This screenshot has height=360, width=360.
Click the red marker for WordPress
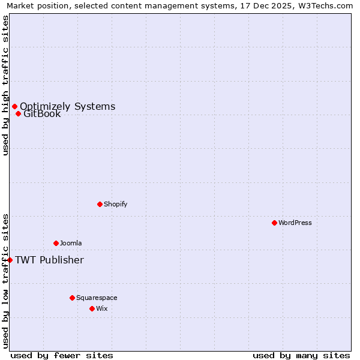coord(274,223)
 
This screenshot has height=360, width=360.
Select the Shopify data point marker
coord(100,204)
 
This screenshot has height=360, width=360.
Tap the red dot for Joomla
coord(56,243)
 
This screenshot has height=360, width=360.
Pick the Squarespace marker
coord(72,298)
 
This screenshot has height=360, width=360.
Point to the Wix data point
coord(92,308)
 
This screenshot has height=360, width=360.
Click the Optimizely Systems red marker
coord(14,107)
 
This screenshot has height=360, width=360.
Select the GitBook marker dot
coord(18,114)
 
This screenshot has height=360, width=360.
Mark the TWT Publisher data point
coord(10,260)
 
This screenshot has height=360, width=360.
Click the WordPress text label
coord(295,223)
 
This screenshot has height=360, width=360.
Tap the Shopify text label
coord(116,204)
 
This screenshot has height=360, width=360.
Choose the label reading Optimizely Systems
coord(67,107)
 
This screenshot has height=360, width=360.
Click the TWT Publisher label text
coord(49,260)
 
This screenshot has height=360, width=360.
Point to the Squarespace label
coord(97,298)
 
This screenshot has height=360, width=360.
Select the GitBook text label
coord(42,114)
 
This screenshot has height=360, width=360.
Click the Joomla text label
coord(71,243)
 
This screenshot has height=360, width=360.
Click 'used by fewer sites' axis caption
coord(62,355)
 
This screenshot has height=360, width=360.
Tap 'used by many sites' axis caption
coord(301,355)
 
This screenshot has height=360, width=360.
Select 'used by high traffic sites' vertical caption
coord(5,85)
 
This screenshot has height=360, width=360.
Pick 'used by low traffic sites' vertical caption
coord(5,281)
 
